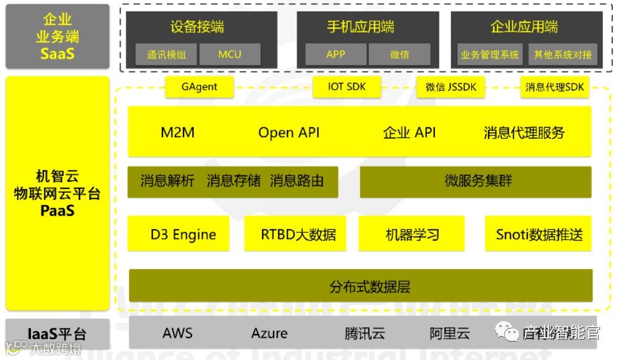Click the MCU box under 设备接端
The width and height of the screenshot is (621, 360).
(230, 54)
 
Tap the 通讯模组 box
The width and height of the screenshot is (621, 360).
(166, 54)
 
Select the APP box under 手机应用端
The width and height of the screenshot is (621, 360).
(336, 54)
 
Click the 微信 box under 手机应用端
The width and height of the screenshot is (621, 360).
(399, 54)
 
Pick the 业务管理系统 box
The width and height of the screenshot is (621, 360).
(489, 54)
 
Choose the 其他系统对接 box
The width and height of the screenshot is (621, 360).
(562, 54)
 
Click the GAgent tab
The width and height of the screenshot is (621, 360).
(199, 87)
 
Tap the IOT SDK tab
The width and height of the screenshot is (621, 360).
(347, 87)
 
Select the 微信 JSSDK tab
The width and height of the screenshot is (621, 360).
(451, 87)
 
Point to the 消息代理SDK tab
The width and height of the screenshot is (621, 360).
(554, 87)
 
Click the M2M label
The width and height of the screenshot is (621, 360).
(177, 132)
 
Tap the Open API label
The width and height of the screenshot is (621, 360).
(289, 132)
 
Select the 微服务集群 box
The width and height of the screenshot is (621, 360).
(475, 182)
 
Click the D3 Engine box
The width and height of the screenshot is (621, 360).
(179, 234)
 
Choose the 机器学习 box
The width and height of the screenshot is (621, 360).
(412, 234)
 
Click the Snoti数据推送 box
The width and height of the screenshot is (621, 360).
(538, 234)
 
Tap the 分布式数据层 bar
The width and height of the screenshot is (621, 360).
(360, 286)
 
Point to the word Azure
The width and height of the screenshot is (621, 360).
(269, 333)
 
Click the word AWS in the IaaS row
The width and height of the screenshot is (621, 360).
(177, 333)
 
